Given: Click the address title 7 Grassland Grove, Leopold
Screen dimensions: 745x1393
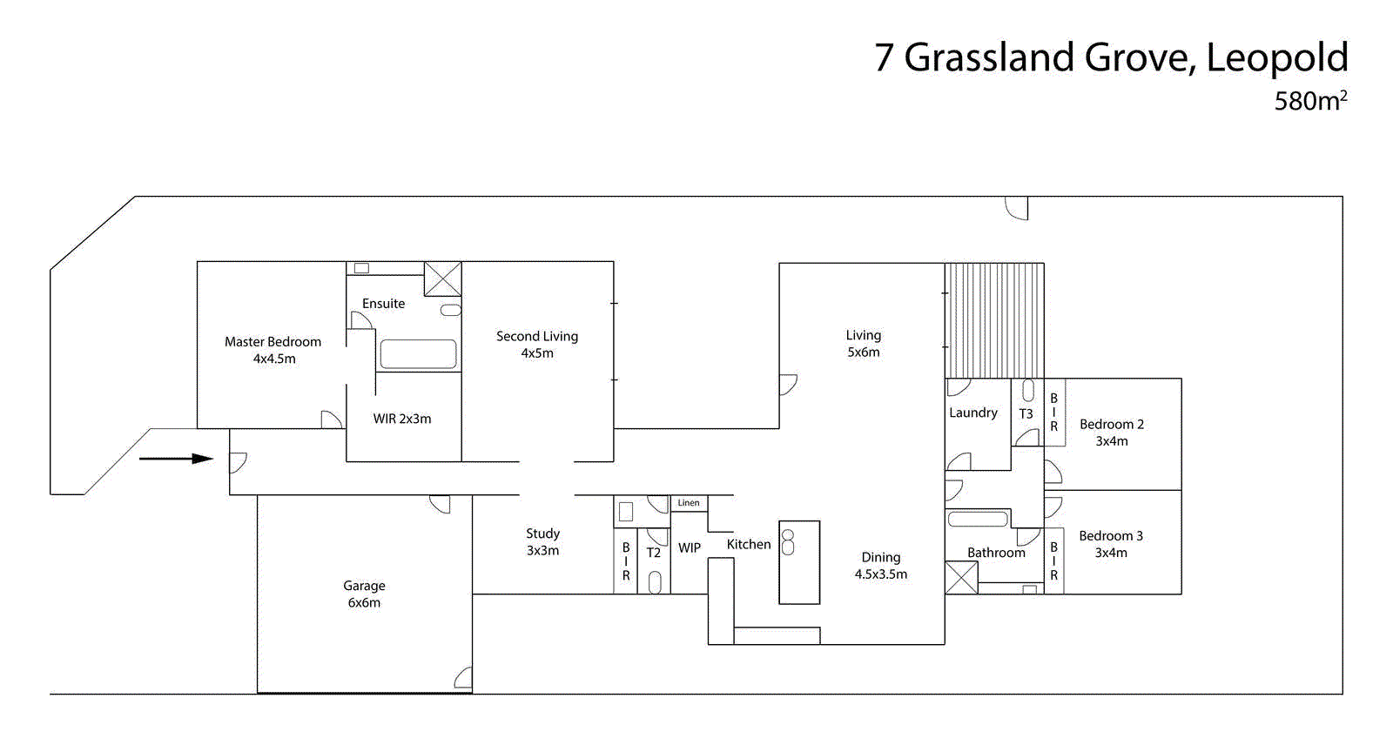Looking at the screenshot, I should point(1111,58).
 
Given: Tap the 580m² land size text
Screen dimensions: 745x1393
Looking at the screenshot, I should point(1310,101).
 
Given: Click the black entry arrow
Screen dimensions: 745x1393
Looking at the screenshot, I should point(176,459).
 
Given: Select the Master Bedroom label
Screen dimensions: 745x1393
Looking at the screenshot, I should point(273,350).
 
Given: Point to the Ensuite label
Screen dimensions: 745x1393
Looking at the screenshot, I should point(383,304).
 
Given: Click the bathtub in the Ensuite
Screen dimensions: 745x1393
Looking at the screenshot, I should point(418,354).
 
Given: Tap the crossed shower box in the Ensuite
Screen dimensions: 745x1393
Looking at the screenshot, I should point(442,279).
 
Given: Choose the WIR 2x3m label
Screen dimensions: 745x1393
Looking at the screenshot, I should point(402,419).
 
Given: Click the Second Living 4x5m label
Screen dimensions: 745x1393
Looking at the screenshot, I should point(537,344).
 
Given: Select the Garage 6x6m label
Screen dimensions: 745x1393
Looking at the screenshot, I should point(364,594).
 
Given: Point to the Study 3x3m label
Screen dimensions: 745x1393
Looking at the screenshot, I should point(542,541).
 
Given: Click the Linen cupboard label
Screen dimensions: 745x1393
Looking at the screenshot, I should point(689,503).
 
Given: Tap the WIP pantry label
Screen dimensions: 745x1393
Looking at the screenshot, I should point(690,547).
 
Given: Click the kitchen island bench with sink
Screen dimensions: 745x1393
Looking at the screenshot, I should point(799,562).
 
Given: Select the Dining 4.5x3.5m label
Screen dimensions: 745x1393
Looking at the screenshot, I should point(881,565).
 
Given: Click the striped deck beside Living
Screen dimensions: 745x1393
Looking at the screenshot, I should point(994,320).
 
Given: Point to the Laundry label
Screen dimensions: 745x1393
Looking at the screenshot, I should point(973,413).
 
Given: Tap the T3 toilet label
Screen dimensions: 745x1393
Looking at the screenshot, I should point(1026,414).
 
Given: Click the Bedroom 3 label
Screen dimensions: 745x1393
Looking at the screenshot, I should point(1111,544).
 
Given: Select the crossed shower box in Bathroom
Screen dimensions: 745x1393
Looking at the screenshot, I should point(961,578).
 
